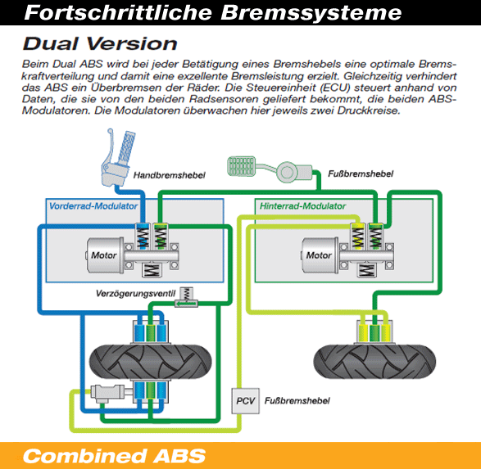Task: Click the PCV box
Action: coord(245,401)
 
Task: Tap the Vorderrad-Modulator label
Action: coord(93,206)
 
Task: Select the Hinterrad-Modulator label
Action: coord(302,206)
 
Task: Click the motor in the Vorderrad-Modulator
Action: coord(105,255)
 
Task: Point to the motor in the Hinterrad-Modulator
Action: coord(320,255)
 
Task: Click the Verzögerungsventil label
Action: coord(135,294)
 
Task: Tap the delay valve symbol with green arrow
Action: coord(186,297)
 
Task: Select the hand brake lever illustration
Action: coord(118,158)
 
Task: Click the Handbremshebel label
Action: coord(170,175)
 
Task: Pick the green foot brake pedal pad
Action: coord(242,166)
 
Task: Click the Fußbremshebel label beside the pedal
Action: coord(361,174)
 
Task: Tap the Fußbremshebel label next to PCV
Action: coord(297,401)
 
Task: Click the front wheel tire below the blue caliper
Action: coord(150,362)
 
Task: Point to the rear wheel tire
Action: coord(374,362)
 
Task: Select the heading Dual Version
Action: coord(100,43)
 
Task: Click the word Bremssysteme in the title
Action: coord(311,13)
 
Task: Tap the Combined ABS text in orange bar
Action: coord(114,456)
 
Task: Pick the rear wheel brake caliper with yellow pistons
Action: coord(374,331)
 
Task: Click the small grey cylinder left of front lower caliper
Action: coord(107,393)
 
